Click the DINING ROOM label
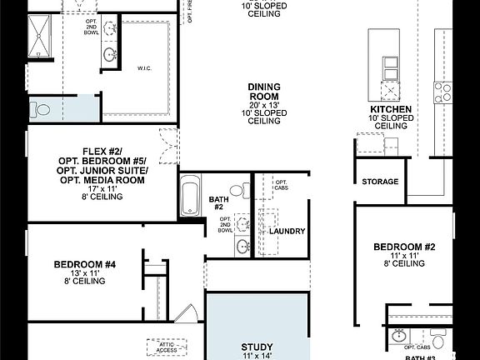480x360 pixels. point(263,92)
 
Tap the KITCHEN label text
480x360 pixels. point(391,109)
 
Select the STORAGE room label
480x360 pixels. point(380,182)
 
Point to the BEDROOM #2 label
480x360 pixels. point(404,247)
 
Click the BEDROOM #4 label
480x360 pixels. point(84,265)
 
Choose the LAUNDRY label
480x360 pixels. point(287,231)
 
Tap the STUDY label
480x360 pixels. point(257,347)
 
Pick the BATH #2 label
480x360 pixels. point(217,202)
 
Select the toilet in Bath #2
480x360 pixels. point(239,190)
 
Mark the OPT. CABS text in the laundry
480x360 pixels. point(281,186)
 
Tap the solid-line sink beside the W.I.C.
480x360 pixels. point(110,57)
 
